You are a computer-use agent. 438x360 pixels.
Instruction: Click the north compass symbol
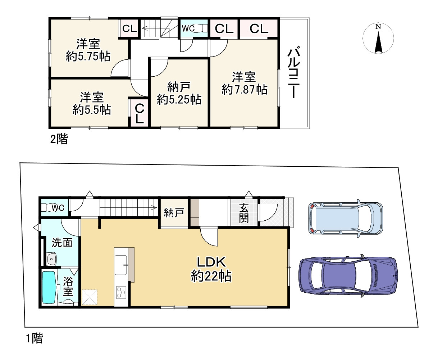(378, 39)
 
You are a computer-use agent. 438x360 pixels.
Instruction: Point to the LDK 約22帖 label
(211, 269)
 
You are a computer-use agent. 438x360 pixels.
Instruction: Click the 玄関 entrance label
(243, 213)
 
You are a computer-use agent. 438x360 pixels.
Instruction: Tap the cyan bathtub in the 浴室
(49, 287)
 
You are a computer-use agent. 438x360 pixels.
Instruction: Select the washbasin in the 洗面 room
(51, 259)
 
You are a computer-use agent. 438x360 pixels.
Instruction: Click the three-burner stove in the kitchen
(121, 292)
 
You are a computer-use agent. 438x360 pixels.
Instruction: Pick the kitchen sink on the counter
(120, 265)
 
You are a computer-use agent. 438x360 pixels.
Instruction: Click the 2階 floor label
(59, 139)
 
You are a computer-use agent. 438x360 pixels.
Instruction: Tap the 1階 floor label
(35, 338)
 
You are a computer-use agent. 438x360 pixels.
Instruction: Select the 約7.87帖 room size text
(244, 90)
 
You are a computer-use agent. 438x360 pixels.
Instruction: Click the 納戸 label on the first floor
(174, 212)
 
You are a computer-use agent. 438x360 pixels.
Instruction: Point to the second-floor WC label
(188, 28)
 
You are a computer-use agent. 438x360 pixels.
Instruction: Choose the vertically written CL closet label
(140, 114)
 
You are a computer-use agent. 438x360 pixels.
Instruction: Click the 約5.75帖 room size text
(88, 56)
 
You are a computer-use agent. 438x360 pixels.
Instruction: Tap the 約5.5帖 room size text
(92, 109)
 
